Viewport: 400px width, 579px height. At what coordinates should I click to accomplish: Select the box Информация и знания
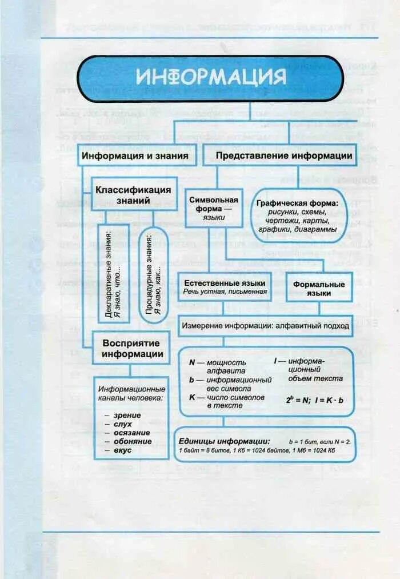click(137, 155)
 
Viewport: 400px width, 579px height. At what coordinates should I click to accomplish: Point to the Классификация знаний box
click(133, 195)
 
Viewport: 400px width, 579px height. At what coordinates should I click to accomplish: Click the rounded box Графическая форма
click(297, 216)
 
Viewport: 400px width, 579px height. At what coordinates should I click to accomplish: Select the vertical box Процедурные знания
click(153, 276)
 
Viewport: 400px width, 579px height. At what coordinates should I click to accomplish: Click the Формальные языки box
click(319, 289)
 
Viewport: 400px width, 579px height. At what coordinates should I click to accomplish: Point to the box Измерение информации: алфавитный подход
click(265, 325)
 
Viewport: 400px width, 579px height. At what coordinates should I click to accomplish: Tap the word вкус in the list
click(122, 450)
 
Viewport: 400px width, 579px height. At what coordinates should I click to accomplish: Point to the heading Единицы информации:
click(224, 441)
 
